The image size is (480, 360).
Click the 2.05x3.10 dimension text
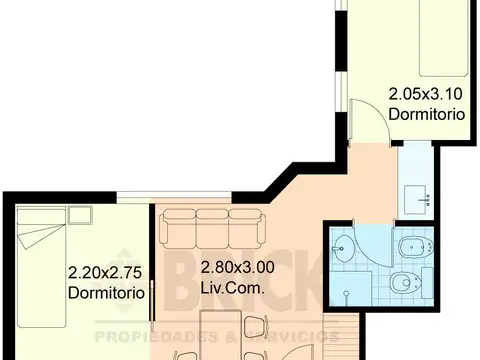(426, 96)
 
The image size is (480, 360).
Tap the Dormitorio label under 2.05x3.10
(426, 115)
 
